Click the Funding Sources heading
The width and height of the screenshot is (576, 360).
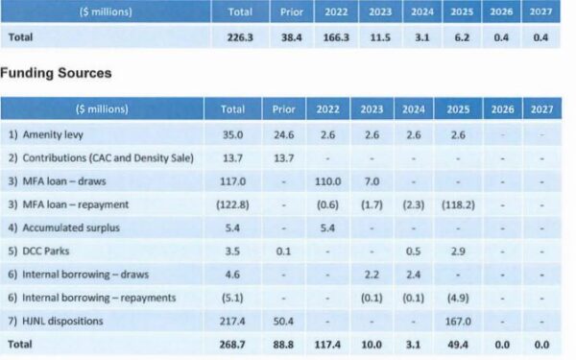56,73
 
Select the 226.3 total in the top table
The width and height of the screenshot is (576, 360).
240,37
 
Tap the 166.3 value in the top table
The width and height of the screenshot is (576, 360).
336,37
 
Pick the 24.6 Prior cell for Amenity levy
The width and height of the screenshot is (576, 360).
283,134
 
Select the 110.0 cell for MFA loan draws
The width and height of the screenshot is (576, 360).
327,181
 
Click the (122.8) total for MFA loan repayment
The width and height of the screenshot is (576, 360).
232,204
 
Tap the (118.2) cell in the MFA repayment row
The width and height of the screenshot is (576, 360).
458,204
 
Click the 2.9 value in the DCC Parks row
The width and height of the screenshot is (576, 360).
458,252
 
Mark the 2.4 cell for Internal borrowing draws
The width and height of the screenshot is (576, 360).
413,275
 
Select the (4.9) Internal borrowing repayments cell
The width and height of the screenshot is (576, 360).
458,298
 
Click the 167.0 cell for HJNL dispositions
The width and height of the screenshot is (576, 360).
458,322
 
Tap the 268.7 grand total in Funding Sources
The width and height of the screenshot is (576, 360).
232,345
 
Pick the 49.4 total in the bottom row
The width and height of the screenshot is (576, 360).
458,345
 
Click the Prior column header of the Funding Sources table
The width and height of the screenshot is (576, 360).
283,109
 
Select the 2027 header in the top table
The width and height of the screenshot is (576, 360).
540,12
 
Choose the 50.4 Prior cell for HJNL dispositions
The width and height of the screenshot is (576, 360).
283,322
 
